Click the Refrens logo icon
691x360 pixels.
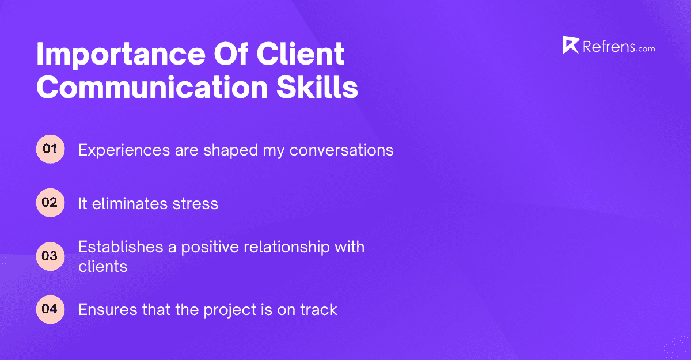(571, 46)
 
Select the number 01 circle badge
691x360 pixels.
(50, 150)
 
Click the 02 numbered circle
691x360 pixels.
(50, 203)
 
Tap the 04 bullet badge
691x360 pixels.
(50, 309)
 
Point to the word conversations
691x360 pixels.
(341, 150)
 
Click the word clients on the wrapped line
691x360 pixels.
(102, 266)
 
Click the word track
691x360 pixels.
(318, 310)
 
